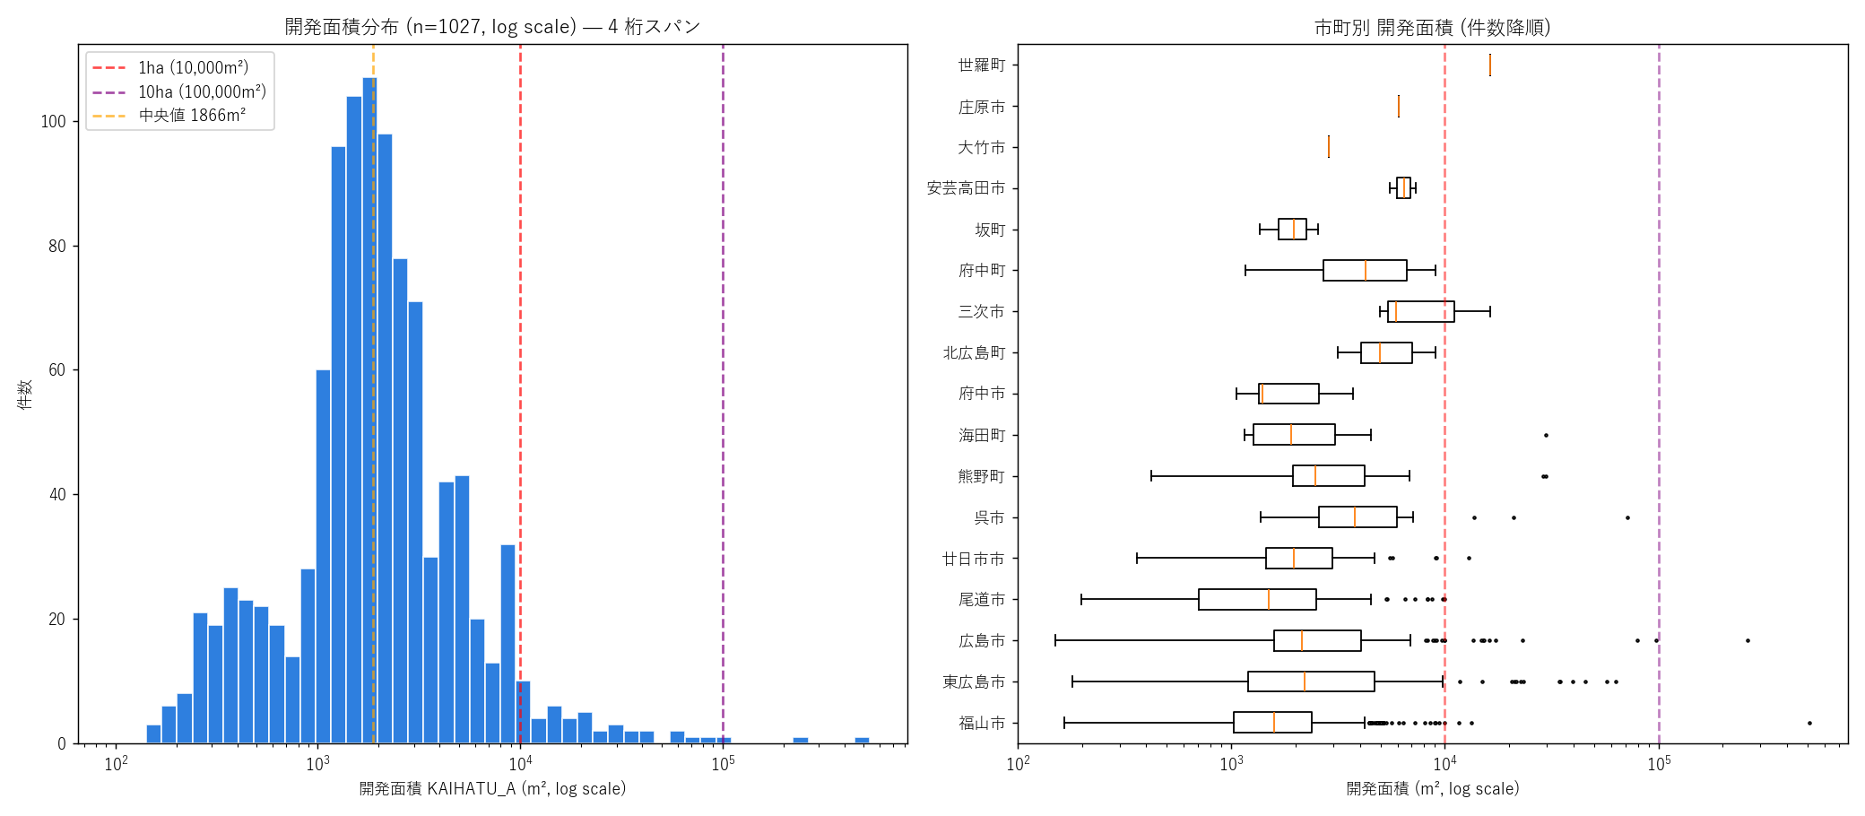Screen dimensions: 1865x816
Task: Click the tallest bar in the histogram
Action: tap(369, 411)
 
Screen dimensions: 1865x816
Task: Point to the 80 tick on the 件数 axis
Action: tap(57, 246)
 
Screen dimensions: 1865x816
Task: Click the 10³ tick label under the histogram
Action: tap(317, 762)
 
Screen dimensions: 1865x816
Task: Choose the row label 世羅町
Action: tap(981, 65)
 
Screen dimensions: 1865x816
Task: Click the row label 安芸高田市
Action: tap(966, 187)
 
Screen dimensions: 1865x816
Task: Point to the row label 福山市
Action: tap(981, 723)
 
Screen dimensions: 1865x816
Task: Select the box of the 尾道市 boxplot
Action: tap(1257, 599)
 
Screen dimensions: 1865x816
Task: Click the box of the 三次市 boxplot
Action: tap(1420, 311)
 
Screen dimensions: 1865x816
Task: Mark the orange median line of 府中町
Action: tap(1366, 270)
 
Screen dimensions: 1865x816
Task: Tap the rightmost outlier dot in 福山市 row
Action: tap(1809, 723)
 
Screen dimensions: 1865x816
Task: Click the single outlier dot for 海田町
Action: tap(1546, 435)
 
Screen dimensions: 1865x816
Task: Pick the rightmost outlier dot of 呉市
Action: tap(1627, 517)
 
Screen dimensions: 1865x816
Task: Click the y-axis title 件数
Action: tap(25, 394)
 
